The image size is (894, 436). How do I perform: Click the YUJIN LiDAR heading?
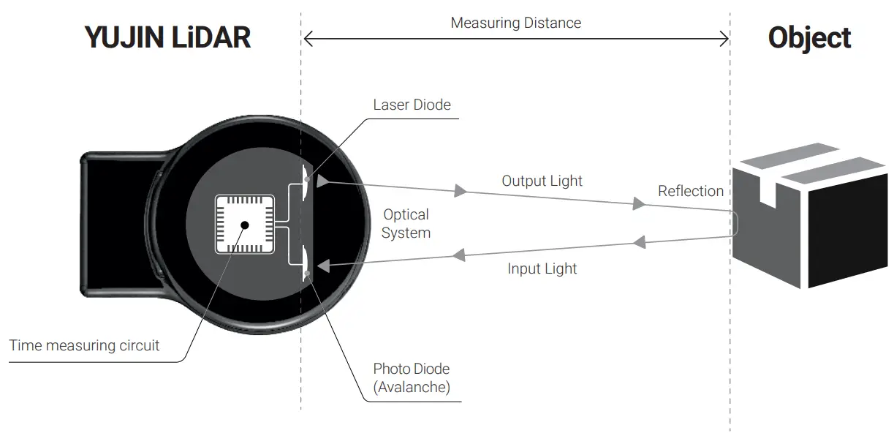click(168, 38)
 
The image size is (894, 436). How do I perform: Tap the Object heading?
click(809, 38)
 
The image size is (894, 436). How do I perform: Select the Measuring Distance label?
click(515, 23)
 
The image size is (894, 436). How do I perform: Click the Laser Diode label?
click(412, 105)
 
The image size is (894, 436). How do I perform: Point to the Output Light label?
click(542, 181)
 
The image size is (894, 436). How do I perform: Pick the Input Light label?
click(542, 268)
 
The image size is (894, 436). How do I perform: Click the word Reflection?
click(690, 191)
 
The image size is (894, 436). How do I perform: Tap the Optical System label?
click(406, 224)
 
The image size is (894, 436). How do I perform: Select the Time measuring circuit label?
click(84, 345)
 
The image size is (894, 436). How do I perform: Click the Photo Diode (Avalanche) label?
click(412, 377)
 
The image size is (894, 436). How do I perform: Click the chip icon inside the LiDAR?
click(244, 225)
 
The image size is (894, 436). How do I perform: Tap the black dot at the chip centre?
click(244, 225)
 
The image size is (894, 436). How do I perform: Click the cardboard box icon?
click(809, 215)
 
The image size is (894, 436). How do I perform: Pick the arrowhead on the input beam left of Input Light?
click(459, 255)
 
